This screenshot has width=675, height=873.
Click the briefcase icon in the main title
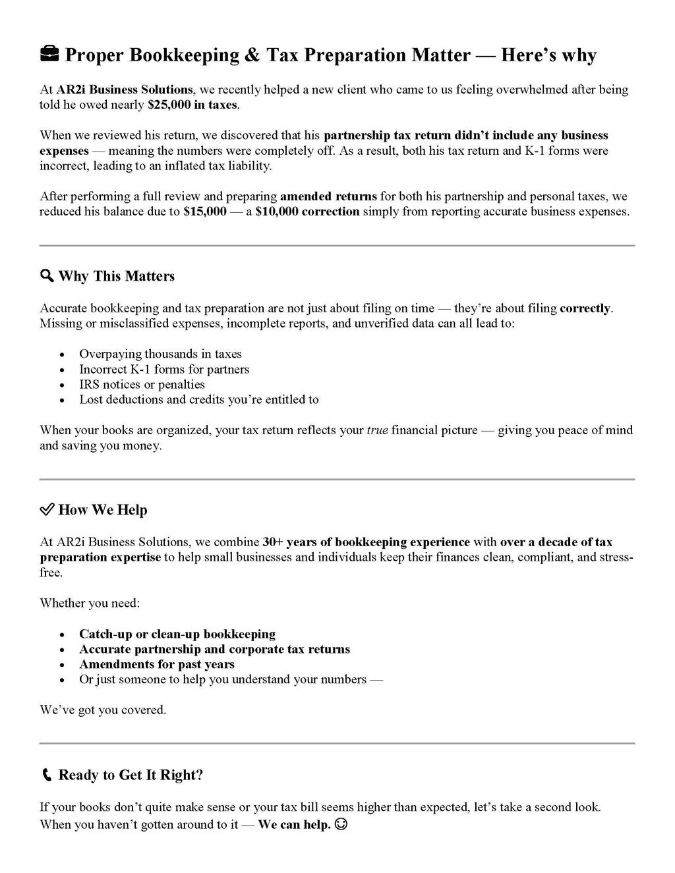[49, 55]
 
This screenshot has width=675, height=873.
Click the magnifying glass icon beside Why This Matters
[47, 275]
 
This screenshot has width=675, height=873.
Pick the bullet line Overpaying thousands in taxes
[160, 354]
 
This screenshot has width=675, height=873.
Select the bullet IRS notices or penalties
[142, 384]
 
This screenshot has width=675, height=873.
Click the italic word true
[377, 430]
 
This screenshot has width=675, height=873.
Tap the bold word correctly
[585, 308]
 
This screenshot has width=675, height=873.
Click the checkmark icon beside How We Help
[47, 509]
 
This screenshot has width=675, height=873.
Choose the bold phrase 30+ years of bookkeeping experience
[366, 542]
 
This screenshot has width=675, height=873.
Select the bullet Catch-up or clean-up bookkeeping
[177, 634]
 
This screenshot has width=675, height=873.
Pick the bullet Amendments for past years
[157, 664]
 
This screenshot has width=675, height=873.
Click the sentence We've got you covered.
[103, 710]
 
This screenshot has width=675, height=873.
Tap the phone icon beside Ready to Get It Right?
[46, 775]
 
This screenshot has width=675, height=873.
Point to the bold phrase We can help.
[294, 824]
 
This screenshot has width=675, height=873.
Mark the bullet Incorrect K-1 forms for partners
[164, 369]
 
